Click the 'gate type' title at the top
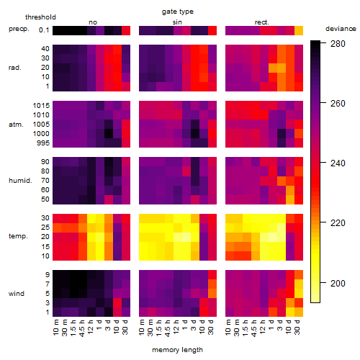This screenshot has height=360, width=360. point(178,12)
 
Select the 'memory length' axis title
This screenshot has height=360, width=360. point(178,350)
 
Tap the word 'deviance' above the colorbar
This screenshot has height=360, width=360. point(341,29)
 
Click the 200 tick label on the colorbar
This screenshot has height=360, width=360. point(338,284)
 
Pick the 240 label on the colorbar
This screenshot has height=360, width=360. point(338,163)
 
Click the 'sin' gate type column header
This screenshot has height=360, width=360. point(177,22)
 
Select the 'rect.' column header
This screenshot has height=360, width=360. point(262,22)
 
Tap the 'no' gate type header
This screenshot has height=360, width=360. point(93,22)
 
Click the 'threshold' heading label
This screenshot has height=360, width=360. point(40,17)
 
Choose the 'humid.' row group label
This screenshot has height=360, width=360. point(20,181)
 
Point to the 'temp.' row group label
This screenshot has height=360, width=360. point(18,236)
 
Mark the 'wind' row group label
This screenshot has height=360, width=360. point(17,294)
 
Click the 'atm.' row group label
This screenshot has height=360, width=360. point(16,125)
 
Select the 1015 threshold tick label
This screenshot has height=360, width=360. point(41,106)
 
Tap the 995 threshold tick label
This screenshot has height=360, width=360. point(43,143)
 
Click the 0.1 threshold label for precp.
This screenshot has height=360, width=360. point(44,30)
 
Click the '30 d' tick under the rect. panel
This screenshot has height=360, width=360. point(297,327)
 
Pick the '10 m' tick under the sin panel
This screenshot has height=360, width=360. point(142,327)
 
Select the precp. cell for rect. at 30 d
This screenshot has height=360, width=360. point(299,30)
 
